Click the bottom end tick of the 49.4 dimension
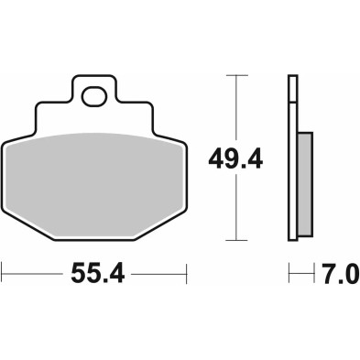pyautogui.click(x=236, y=243)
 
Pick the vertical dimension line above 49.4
pyautogui.click(x=236, y=110)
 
